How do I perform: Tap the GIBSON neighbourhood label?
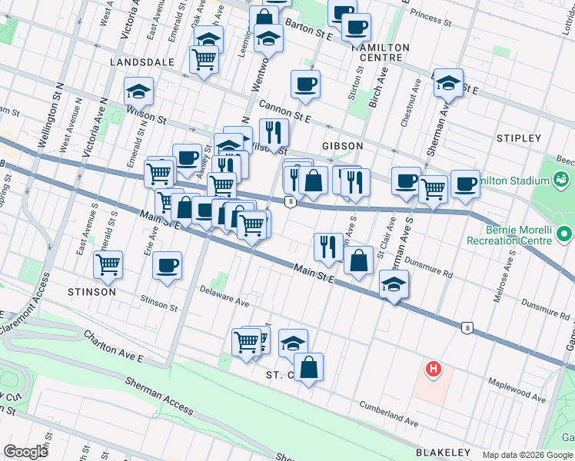(x=342, y=145)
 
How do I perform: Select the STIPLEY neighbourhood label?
(x=519, y=138)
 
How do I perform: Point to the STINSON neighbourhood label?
(x=91, y=292)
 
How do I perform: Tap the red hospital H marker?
(x=434, y=370)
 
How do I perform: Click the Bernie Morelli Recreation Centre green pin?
(x=566, y=233)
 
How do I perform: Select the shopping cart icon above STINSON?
(x=108, y=264)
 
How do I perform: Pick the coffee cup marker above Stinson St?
(x=167, y=266)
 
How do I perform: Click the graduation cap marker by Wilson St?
(x=139, y=91)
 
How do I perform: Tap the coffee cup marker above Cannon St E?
(x=305, y=84)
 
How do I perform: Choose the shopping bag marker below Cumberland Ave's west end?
(x=308, y=366)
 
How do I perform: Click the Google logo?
(x=25, y=452)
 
